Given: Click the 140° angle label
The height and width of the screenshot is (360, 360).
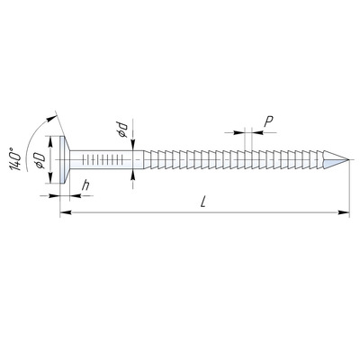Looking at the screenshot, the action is point(15,159).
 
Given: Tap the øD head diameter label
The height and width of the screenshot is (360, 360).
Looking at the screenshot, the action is point(40,160).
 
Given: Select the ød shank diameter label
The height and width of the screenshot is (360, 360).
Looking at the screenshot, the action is point(123,130).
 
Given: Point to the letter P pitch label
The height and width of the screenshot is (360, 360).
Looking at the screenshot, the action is point(268,121).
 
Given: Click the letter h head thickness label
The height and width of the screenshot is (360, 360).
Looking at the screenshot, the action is point(85,185).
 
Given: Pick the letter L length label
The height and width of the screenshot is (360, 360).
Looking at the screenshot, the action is point(203,202).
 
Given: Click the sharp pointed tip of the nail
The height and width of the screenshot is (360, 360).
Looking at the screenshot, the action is point(349,159).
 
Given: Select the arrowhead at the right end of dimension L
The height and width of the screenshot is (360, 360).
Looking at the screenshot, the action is point(344,212).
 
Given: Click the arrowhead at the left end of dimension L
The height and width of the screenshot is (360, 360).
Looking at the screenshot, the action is point(66,212).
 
